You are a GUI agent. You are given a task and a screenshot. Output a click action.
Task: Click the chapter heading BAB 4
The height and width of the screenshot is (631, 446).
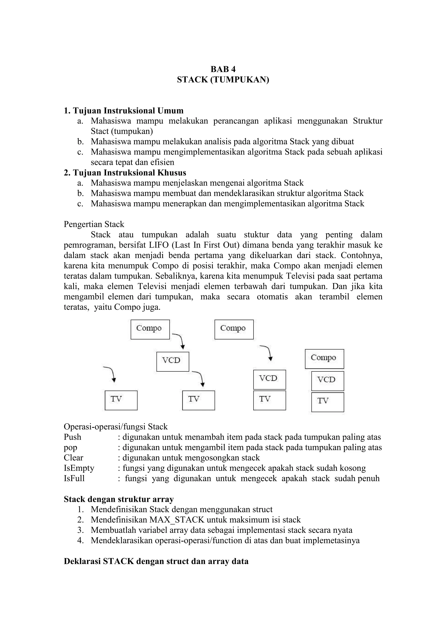[223, 69]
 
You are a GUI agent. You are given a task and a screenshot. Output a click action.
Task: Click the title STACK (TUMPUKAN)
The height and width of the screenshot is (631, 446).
[223, 80]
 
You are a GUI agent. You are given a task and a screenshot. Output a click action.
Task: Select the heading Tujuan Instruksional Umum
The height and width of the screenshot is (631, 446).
[124, 111]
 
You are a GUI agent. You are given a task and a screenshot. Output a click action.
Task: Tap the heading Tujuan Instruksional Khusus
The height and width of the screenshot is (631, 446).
[125, 173]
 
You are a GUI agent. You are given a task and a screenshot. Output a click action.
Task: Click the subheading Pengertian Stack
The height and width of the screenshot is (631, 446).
[94, 224]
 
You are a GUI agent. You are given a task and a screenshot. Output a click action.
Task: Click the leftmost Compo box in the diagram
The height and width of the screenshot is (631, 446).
[150, 329]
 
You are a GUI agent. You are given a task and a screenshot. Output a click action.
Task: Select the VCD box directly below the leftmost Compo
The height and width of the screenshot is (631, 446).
[172, 361]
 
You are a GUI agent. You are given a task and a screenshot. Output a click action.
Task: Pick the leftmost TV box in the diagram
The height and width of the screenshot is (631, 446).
[121, 400]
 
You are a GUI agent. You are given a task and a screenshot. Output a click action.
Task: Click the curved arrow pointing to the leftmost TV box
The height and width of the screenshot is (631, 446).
[110, 373]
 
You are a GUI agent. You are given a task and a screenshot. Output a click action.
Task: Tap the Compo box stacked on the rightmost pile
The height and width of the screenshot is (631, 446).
[324, 359]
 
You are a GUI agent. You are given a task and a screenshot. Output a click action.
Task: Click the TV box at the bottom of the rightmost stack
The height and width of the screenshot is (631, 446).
[328, 402]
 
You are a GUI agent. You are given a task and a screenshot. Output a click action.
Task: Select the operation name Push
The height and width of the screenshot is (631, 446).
[73, 437]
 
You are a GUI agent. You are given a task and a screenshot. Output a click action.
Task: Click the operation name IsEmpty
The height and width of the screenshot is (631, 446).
[79, 468]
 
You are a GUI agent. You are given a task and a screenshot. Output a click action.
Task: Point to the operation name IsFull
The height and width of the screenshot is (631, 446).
[74, 478]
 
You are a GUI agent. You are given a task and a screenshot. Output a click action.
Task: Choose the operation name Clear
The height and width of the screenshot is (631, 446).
[73, 458]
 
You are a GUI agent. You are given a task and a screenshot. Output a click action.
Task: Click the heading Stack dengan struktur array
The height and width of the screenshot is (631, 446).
[119, 499]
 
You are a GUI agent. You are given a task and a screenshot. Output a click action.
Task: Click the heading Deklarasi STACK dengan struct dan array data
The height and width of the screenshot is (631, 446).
[156, 561]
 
